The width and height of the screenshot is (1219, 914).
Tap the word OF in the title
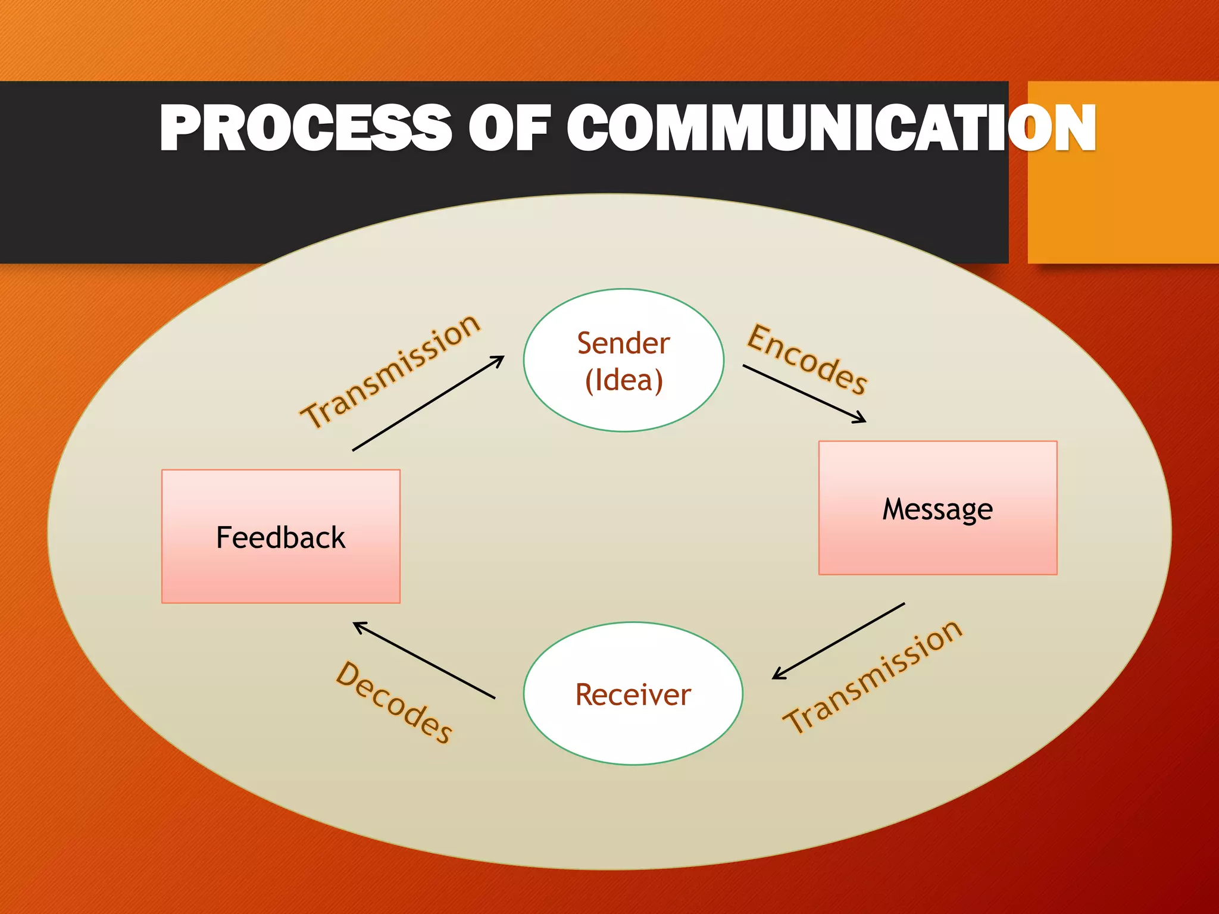(509, 128)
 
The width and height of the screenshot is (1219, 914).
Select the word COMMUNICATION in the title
(830, 128)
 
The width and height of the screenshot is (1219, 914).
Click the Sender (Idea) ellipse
(624, 309)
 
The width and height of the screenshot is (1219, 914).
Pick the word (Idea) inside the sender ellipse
(624, 381)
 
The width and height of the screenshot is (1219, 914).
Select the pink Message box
(937, 547)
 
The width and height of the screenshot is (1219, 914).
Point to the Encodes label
(807, 359)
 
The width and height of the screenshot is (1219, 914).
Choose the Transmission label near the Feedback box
(390, 371)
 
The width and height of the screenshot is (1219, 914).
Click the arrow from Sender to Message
(804, 393)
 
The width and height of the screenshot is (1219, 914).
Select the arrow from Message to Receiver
(839, 641)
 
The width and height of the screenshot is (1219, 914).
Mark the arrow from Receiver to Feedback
(424, 660)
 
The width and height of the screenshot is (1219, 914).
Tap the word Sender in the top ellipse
(624, 343)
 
